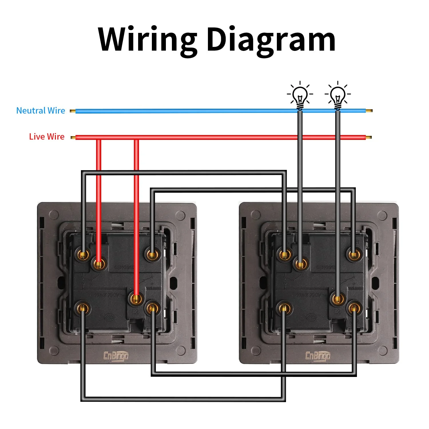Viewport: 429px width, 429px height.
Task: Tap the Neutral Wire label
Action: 41,111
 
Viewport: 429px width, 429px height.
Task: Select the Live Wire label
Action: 47,137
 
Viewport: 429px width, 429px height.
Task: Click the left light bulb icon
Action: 300,96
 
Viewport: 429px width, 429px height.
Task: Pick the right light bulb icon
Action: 338,96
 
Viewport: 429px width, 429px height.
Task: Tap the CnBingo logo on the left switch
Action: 116,356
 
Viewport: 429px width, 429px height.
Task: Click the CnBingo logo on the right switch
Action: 318,356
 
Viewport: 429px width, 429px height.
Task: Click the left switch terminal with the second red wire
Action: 136,299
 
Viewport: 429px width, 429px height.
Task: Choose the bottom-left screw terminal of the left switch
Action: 83,308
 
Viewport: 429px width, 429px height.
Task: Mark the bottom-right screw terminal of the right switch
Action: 354,308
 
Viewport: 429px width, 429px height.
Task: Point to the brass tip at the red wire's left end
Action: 73,138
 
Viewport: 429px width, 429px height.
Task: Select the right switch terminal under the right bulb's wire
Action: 338,299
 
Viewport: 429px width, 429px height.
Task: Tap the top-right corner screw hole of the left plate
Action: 180,215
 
